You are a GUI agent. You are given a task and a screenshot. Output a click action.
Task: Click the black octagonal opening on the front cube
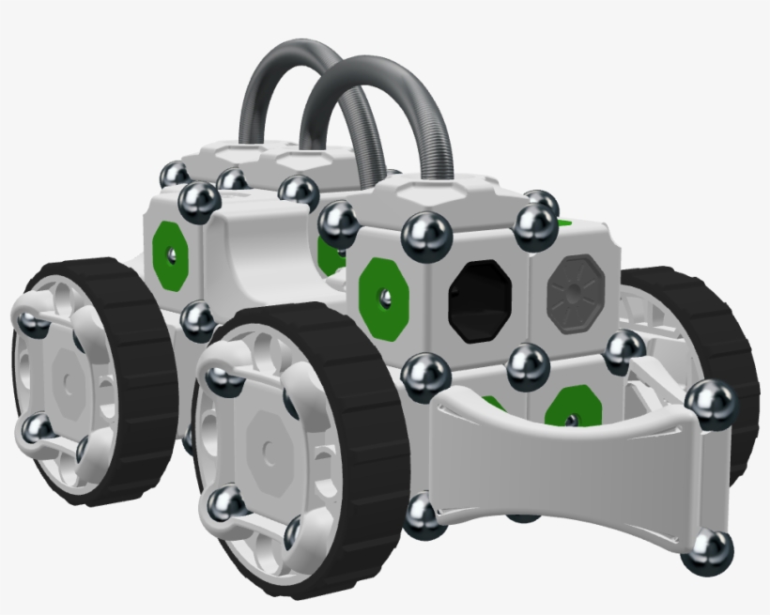[x=482, y=300]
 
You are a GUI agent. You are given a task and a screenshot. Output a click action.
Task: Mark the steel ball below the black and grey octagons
[x=528, y=364]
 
